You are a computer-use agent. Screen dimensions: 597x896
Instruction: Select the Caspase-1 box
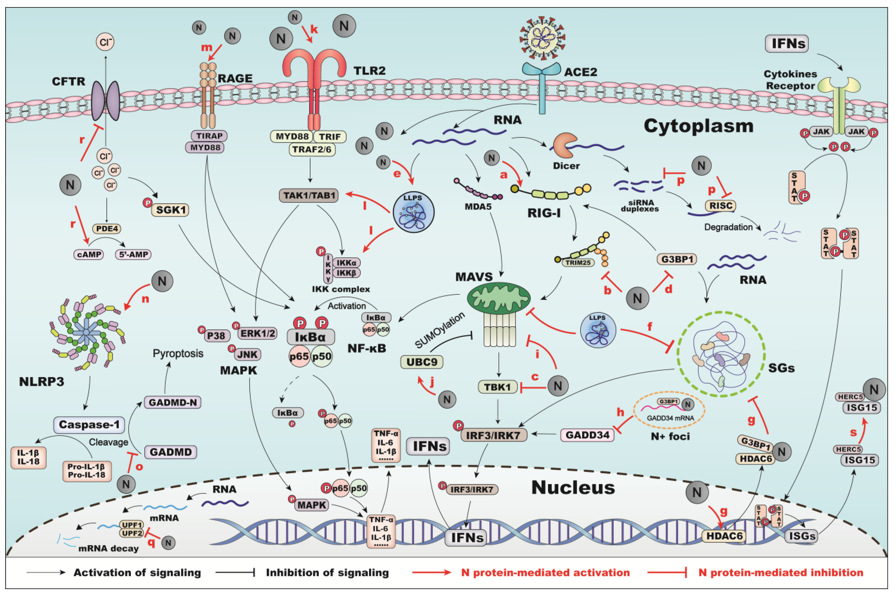pos(89,425)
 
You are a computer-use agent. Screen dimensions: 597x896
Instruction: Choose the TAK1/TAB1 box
pos(309,196)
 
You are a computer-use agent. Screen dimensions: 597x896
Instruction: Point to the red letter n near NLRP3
pos(145,299)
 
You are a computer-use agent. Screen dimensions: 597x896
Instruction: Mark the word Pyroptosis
pos(178,353)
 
